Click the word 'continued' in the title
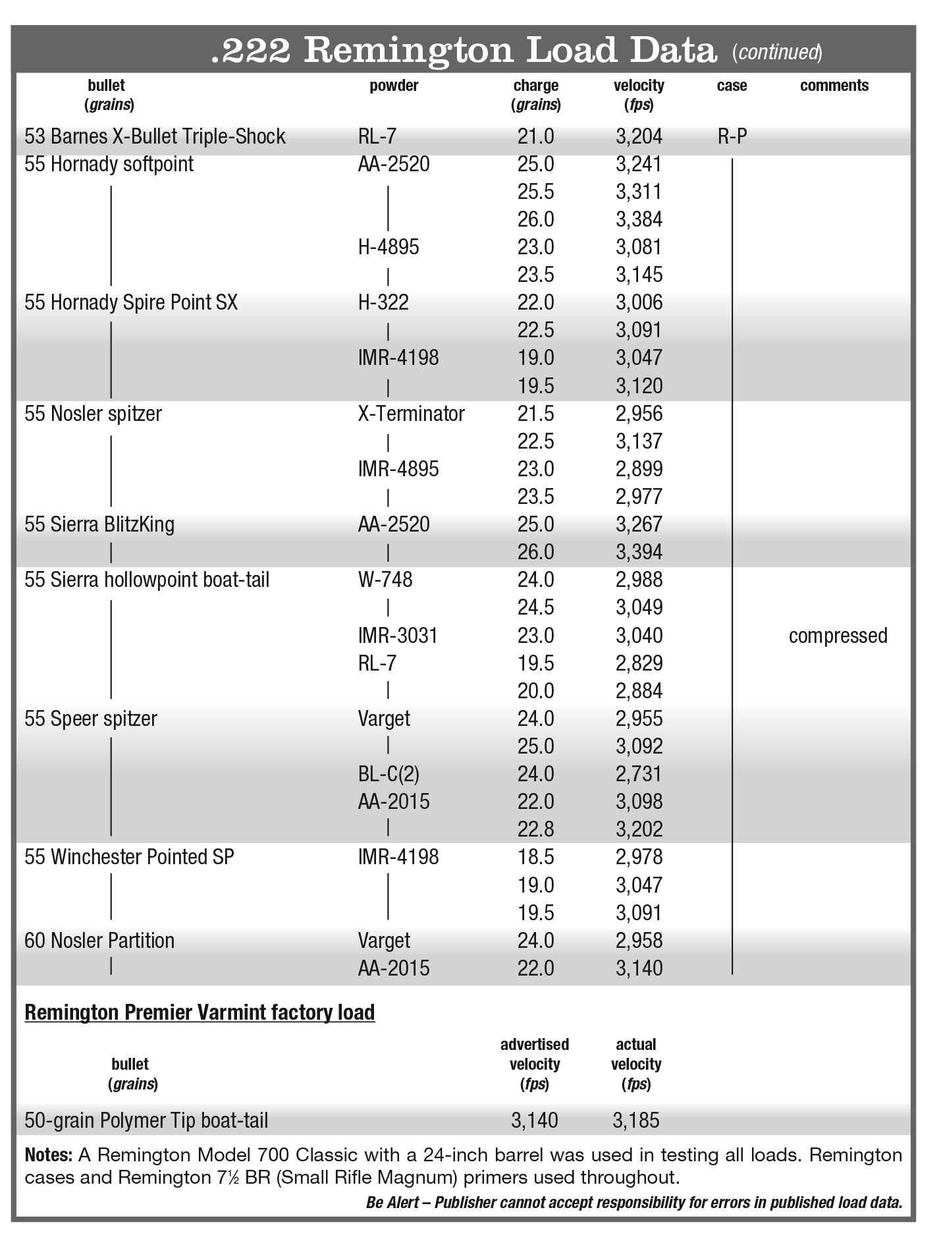point(777,52)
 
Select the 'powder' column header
point(394,86)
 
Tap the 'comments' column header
point(834,86)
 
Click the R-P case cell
point(732,137)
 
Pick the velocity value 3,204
point(639,136)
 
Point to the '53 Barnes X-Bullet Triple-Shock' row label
point(155,136)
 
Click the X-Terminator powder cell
point(411,414)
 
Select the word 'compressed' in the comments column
point(838,636)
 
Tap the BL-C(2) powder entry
point(388,774)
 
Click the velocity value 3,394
point(639,552)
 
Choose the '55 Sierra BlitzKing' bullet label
point(99,524)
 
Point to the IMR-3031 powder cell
point(397,636)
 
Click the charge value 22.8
point(535,829)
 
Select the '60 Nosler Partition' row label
point(99,941)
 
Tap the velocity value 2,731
point(639,774)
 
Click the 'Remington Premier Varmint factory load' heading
point(200,1012)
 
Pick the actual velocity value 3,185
point(635,1120)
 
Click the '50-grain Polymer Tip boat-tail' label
point(146,1120)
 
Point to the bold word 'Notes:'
point(48,1155)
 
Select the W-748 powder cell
point(385,580)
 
